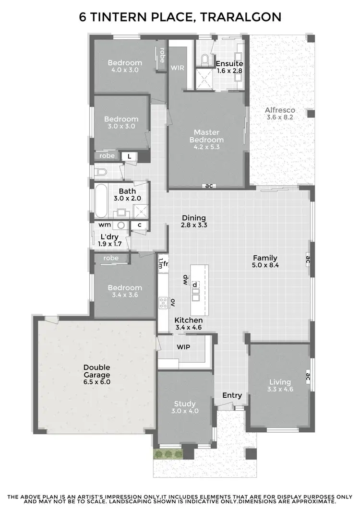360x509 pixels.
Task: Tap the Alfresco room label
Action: point(280,110)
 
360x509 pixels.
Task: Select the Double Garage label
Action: point(96,371)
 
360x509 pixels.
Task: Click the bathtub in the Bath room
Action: point(101,200)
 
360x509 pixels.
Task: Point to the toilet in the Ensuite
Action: point(205,59)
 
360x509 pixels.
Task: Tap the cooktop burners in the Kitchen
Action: point(163,302)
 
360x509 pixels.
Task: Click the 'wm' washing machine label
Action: point(105,225)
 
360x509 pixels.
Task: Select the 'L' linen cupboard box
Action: point(129,156)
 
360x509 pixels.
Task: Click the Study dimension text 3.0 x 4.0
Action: point(185,411)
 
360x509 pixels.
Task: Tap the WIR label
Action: point(177,68)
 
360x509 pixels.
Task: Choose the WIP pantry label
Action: point(184,346)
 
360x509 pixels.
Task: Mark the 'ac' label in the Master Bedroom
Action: point(209,186)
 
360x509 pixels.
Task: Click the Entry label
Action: point(232,395)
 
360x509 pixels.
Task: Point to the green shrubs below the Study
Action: point(168,454)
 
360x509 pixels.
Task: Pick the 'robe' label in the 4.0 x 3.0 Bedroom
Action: point(162,56)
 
